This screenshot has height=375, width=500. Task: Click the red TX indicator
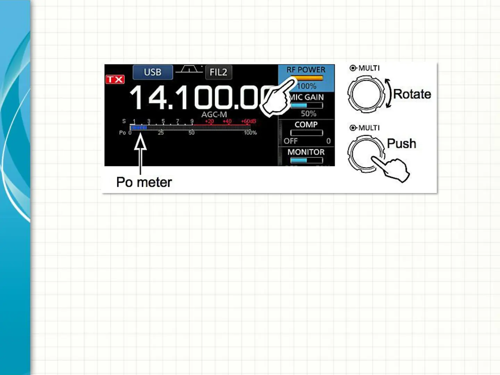[115, 80]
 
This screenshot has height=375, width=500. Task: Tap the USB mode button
[153, 72]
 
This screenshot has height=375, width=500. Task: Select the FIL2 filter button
[218, 72]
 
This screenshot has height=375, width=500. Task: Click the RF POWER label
[306, 70]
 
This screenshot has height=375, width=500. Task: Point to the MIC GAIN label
[307, 97]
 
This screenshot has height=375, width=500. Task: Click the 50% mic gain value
[308, 114]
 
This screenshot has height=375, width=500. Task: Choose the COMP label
[306, 125]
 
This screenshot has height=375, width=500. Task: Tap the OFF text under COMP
[291, 141]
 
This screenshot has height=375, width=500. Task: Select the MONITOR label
[306, 152]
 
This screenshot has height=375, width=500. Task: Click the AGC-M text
[214, 115]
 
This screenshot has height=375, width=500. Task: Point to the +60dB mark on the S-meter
[249, 121]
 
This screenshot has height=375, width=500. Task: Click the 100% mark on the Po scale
[250, 133]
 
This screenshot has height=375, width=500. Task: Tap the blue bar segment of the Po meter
[139, 127]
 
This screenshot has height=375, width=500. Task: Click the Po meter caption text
[144, 182]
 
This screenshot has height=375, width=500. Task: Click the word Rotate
[412, 94]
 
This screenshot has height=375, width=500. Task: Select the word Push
[401, 143]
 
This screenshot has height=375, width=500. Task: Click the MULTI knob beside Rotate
[366, 94]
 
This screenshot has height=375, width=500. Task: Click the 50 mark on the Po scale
[192, 133]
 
